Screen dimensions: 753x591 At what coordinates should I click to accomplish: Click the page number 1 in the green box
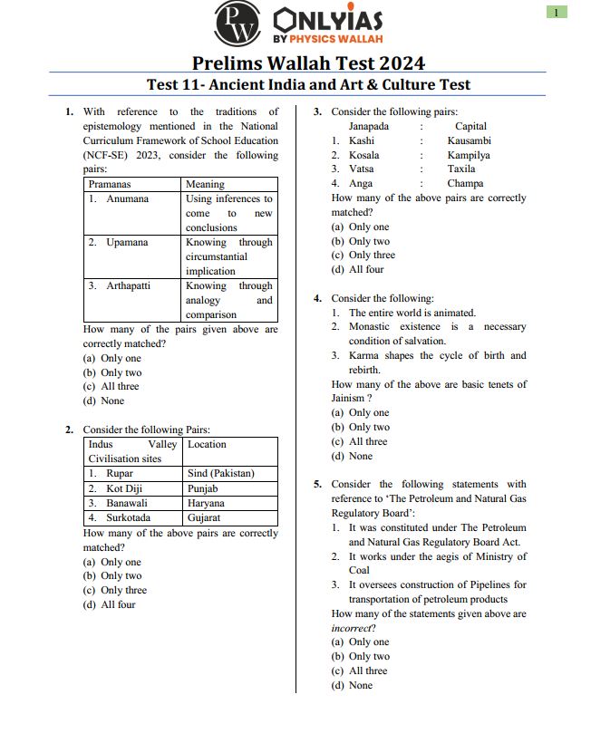tap(557, 12)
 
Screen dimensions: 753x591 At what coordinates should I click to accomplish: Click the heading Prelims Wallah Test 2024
tap(308, 63)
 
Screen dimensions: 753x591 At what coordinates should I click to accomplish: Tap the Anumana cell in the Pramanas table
tap(127, 198)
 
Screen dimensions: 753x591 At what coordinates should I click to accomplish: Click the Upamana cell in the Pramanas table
tap(127, 242)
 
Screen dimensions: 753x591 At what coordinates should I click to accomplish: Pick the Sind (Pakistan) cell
tap(221, 473)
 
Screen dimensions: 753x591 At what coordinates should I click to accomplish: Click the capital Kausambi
tap(470, 140)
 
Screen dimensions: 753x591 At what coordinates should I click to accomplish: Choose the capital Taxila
tap(460, 169)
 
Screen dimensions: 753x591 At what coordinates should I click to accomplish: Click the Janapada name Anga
tap(361, 184)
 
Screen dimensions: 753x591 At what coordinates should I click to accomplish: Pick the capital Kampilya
tap(469, 155)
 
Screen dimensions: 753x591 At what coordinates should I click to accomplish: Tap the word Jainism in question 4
tap(348, 398)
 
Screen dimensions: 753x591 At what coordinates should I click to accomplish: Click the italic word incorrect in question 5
tap(350, 628)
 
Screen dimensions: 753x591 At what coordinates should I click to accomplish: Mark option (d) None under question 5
tap(350, 685)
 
